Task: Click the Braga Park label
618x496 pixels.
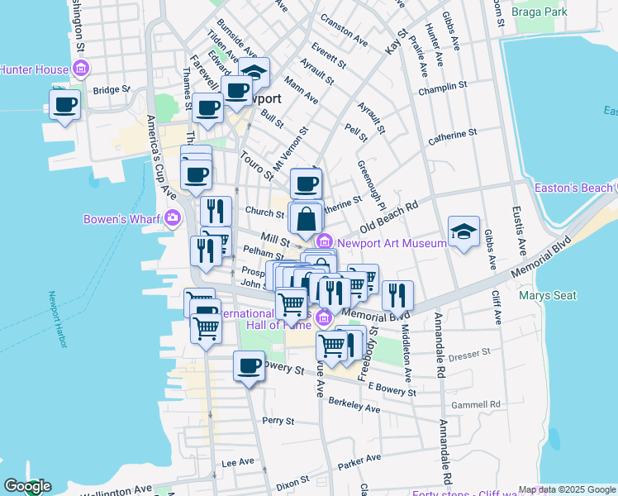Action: point(540,12)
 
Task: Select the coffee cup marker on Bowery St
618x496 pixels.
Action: point(249,365)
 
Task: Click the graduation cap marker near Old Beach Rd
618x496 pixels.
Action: point(463,231)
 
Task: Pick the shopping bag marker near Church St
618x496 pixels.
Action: point(306,218)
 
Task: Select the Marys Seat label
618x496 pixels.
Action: point(543,294)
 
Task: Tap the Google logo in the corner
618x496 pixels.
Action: point(26,486)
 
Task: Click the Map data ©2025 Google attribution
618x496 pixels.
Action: point(567,489)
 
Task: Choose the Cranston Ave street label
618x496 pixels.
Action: point(344,39)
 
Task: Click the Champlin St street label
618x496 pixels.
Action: point(443,86)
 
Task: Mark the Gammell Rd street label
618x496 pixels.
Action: point(477,404)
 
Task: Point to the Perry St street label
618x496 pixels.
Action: point(273,421)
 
